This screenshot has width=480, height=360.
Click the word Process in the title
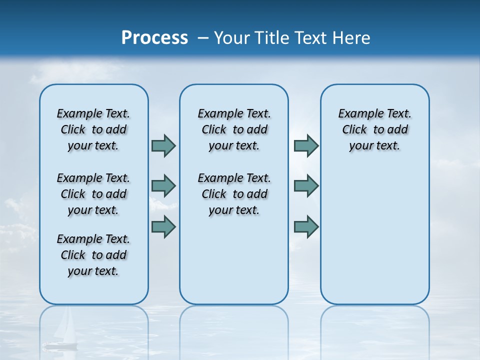(x=154, y=38)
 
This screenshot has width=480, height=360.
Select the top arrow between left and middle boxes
(x=163, y=145)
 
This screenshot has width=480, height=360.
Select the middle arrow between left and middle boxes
(x=163, y=186)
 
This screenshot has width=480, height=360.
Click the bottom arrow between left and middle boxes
(x=163, y=226)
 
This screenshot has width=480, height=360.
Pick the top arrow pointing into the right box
(x=306, y=145)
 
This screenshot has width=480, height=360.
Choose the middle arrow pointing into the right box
(x=306, y=186)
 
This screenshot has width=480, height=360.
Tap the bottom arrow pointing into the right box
(x=306, y=226)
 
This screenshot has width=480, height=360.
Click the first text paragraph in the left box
(x=93, y=129)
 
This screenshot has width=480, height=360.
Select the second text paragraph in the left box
(x=93, y=194)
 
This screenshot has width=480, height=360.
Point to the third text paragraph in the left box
(x=93, y=255)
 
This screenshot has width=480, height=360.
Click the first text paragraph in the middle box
(x=234, y=129)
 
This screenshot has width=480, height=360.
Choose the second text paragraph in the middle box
(x=234, y=194)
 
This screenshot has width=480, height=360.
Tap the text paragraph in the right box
(x=375, y=129)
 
